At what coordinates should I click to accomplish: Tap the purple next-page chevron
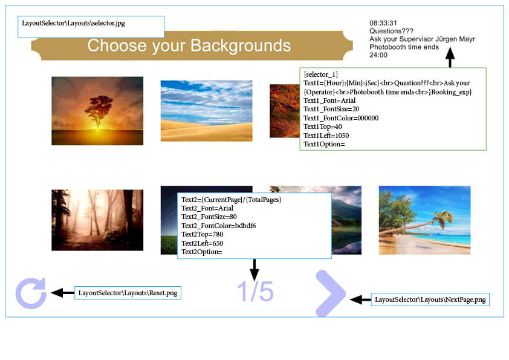pos(334,293)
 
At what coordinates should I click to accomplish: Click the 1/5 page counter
pos(255,292)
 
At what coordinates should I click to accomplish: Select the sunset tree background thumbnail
pos(97,111)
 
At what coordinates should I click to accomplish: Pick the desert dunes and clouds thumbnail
pos(207,111)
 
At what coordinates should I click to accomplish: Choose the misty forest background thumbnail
pos(97,220)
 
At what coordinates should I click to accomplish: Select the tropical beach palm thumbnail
pos(424,220)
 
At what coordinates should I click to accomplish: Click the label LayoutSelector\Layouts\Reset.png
pos(128,293)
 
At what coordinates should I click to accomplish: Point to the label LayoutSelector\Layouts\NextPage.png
pos(430,299)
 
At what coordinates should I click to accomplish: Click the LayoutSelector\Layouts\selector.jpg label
pos(73,23)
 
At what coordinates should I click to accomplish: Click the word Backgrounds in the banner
pos(241,45)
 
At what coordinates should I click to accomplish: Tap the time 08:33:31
pos(383,23)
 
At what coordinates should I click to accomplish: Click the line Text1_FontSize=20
pos(331,109)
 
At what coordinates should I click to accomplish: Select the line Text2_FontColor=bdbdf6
pos(218,226)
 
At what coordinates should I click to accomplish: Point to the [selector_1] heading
pos(321,74)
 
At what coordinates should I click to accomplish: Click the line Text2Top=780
pos(203,234)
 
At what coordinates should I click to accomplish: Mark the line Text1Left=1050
pos(326,136)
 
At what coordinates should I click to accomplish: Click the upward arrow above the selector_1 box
pos(450,57)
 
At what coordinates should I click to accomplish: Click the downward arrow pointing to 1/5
pos(254,270)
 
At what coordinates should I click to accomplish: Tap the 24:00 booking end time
pos(378,55)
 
